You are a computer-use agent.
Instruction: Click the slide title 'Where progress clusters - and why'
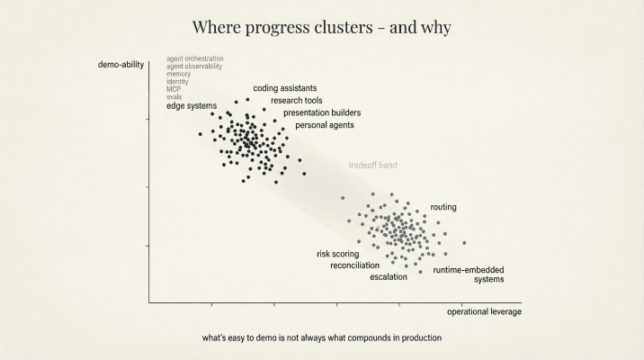coord(322,27)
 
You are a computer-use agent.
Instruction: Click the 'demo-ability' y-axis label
coord(121,65)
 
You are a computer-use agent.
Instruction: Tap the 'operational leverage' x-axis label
coord(484,311)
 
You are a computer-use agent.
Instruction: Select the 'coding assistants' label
coord(284,88)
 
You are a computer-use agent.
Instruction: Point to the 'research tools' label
coord(297,101)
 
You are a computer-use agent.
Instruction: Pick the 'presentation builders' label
coord(322,112)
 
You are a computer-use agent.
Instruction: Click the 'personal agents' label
coord(325,125)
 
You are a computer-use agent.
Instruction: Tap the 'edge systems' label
coord(192,106)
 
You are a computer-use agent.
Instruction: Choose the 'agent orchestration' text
coord(195,58)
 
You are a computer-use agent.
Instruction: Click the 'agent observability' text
coord(194,67)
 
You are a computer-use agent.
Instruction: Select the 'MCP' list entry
coord(174,90)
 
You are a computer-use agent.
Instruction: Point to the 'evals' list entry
coord(174,97)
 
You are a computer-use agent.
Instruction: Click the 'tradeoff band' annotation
coord(372,166)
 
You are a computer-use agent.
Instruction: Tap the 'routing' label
coord(443,207)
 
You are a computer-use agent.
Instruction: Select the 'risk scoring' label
coord(337,254)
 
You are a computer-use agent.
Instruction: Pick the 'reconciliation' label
coord(354,265)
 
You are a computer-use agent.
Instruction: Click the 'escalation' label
coord(389,277)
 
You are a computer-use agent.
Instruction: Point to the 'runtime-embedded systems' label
coord(469,274)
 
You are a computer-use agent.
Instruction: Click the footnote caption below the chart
coord(322,338)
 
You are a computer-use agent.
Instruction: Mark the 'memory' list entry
coord(179,74)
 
